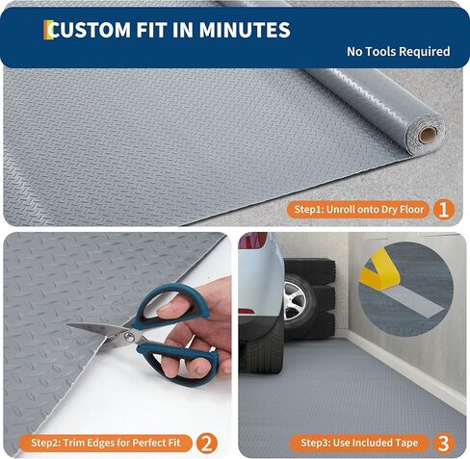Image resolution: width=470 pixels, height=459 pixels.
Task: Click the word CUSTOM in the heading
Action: tap(91, 30)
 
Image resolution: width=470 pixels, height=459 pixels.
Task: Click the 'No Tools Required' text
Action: tap(398, 51)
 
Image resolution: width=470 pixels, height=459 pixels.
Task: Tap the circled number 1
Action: tap(442, 208)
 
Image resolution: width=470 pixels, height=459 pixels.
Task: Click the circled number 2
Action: tap(206, 443)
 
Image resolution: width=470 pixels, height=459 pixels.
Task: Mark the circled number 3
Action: tap(442, 443)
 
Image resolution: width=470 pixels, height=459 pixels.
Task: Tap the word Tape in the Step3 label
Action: tap(406, 443)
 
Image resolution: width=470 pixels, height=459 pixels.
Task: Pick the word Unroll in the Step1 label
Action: tap(345, 208)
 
